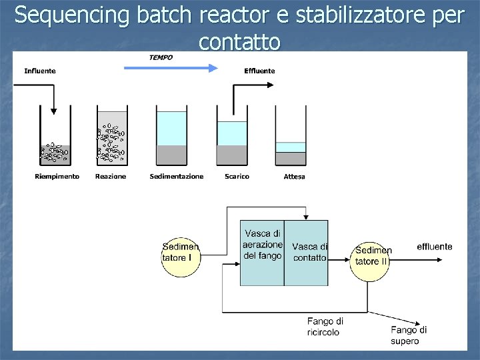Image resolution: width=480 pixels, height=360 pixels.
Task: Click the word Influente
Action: click(x=40, y=71)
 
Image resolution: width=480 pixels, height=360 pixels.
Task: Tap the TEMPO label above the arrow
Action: click(x=160, y=57)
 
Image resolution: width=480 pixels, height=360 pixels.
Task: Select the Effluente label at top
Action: click(x=259, y=71)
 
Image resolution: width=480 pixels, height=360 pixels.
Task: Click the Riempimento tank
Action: click(x=55, y=140)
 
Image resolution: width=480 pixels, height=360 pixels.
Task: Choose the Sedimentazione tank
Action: click(x=171, y=137)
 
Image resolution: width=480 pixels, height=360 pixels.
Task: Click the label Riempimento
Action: click(x=57, y=177)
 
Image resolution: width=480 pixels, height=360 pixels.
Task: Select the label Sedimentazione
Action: click(x=177, y=177)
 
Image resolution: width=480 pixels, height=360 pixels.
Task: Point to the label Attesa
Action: click(x=294, y=177)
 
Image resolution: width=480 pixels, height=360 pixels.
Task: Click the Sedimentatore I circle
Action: click(x=180, y=252)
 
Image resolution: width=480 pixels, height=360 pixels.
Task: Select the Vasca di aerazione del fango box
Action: click(x=262, y=252)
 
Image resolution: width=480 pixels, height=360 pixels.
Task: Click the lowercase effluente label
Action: click(x=434, y=247)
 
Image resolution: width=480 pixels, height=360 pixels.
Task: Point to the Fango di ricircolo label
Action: click(x=325, y=327)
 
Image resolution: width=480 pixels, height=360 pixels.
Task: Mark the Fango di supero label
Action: click(x=408, y=335)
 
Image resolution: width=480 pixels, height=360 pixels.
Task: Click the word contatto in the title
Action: click(x=239, y=43)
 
